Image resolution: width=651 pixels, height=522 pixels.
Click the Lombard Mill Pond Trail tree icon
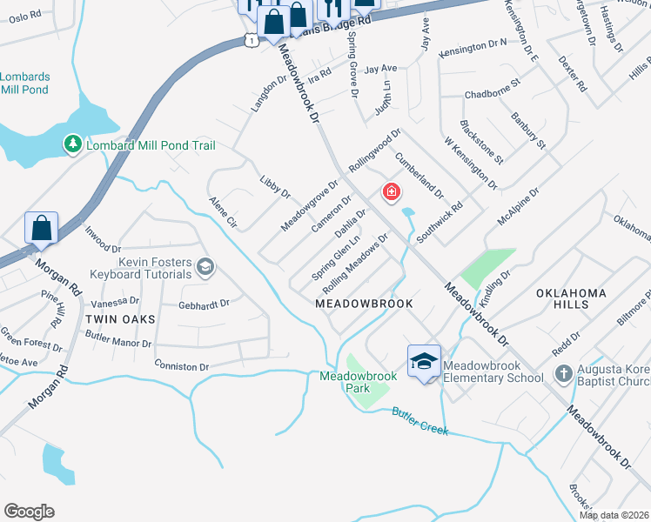pyautogui.click(x=73, y=144)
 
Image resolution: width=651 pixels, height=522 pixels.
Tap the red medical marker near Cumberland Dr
pyautogui.click(x=392, y=191)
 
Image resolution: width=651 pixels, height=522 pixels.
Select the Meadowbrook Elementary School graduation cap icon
pyautogui.click(x=424, y=361)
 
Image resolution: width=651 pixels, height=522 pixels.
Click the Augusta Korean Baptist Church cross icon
pyautogui.click(x=562, y=377)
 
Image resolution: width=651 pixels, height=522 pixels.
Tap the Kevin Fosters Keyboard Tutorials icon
pyautogui.click(x=205, y=266)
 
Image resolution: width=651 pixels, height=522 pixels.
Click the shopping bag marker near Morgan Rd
pyautogui.click(x=42, y=230)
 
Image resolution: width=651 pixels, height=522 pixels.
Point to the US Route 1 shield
pyautogui.click(x=251, y=40)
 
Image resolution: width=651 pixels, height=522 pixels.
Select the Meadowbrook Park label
pyautogui.click(x=358, y=382)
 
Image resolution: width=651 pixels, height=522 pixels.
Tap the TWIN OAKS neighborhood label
pyautogui.click(x=120, y=319)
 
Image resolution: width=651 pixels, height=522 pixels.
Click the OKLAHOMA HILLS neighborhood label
pyautogui.click(x=571, y=299)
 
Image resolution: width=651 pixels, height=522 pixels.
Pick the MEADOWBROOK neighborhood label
pyautogui.click(x=363, y=304)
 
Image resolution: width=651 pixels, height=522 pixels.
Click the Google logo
pyautogui.click(x=29, y=512)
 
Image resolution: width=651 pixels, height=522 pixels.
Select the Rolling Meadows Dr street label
pyautogui.click(x=354, y=263)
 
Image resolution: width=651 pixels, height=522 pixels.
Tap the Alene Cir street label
pyautogui.click(x=223, y=212)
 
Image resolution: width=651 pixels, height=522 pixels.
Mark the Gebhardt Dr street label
pyautogui.click(x=203, y=304)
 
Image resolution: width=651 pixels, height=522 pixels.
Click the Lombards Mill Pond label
pyautogui.click(x=25, y=83)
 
